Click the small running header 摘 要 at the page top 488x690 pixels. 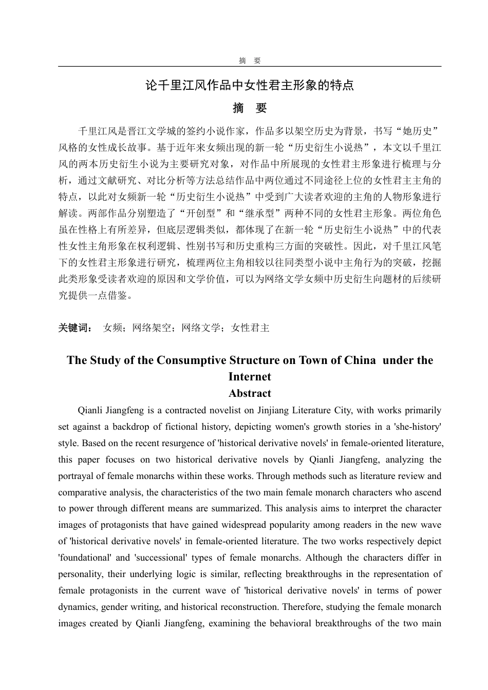(250, 61)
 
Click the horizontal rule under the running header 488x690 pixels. (250, 66)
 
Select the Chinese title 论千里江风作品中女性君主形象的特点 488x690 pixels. (250, 85)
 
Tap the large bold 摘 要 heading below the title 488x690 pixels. (250, 108)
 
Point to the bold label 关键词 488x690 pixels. (75, 328)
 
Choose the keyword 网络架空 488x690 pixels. (152, 328)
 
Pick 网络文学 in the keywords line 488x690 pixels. (201, 328)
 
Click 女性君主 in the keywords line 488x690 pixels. (250, 328)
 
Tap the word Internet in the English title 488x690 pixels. (250, 377)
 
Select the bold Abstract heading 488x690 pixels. (250, 394)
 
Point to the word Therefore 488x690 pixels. (302, 607)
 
